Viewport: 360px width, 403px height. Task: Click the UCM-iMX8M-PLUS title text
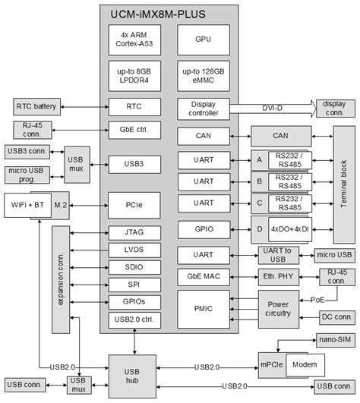coord(169,13)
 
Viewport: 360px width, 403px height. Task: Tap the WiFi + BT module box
coord(29,204)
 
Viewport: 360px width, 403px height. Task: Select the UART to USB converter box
coord(276,254)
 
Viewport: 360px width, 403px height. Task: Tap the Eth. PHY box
coord(276,277)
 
